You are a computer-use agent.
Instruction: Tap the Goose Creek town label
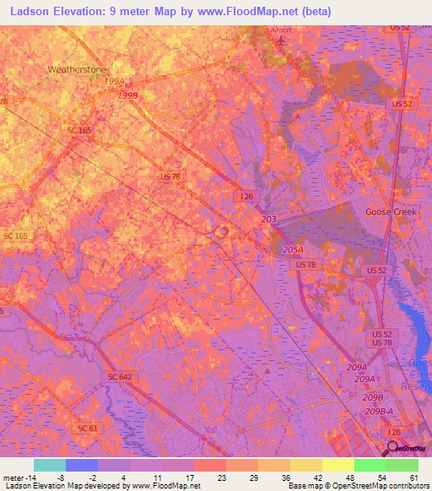(391, 212)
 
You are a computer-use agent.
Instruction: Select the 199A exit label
(114, 82)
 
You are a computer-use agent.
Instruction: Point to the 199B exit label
(127, 96)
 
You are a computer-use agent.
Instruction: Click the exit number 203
(268, 219)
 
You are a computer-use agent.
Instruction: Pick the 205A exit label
(293, 250)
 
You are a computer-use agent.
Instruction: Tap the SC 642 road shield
(121, 375)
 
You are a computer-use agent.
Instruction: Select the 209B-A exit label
(379, 411)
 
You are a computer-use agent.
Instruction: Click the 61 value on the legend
(413, 477)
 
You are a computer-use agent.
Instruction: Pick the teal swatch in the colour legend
(49, 465)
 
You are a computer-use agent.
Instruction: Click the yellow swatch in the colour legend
(337, 465)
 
